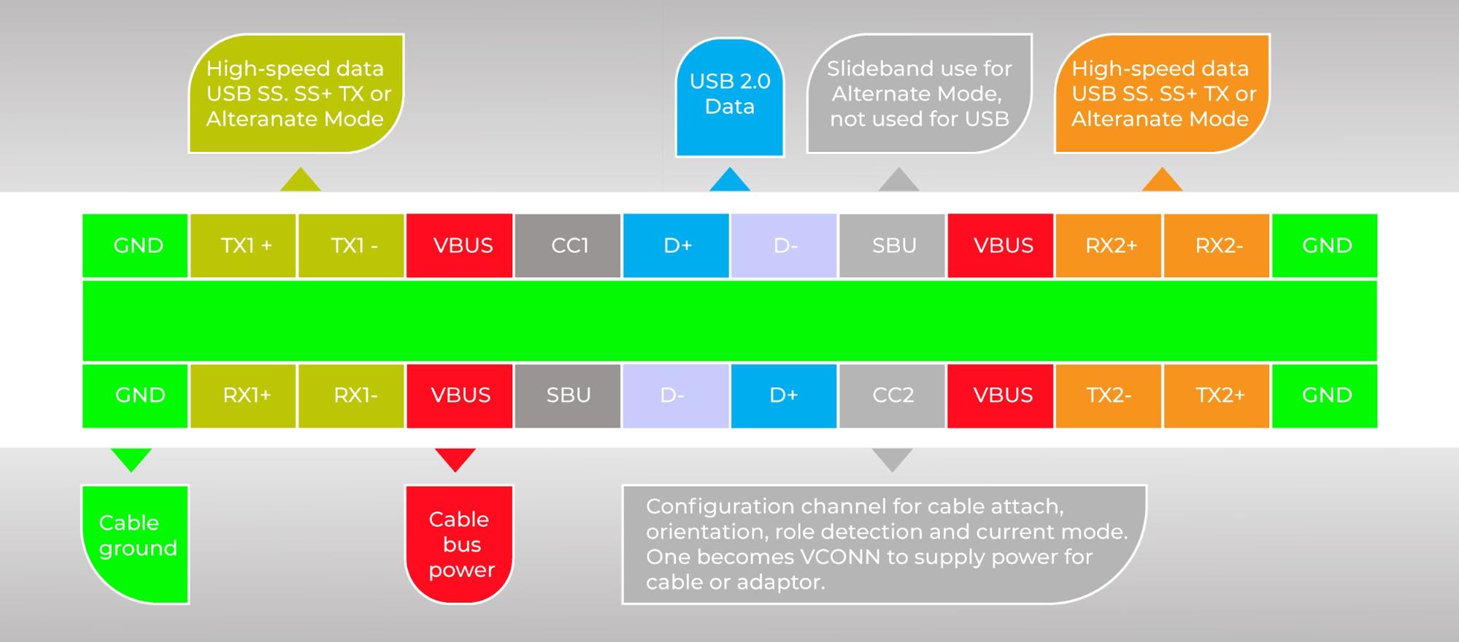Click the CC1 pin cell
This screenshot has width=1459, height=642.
click(x=568, y=246)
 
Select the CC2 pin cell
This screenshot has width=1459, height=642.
click(x=892, y=395)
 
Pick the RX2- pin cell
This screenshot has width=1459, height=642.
click(x=1217, y=246)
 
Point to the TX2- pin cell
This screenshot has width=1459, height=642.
click(x=1108, y=395)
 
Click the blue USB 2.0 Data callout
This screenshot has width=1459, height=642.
click(x=730, y=95)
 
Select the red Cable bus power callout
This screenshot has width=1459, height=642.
click(x=460, y=544)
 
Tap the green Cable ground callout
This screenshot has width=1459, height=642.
click(x=136, y=544)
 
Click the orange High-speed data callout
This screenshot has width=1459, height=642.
click(x=1162, y=93)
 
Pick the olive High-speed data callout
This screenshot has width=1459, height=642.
click(x=296, y=93)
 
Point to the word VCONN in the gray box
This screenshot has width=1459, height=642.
click(x=839, y=557)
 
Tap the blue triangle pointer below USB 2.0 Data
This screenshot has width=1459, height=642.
click(x=730, y=181)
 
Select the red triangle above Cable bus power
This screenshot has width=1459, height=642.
click(x=455, y=459)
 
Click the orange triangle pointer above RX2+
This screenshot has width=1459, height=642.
click(x=1162, y=181)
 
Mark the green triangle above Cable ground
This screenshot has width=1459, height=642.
click(x=131, y=459)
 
